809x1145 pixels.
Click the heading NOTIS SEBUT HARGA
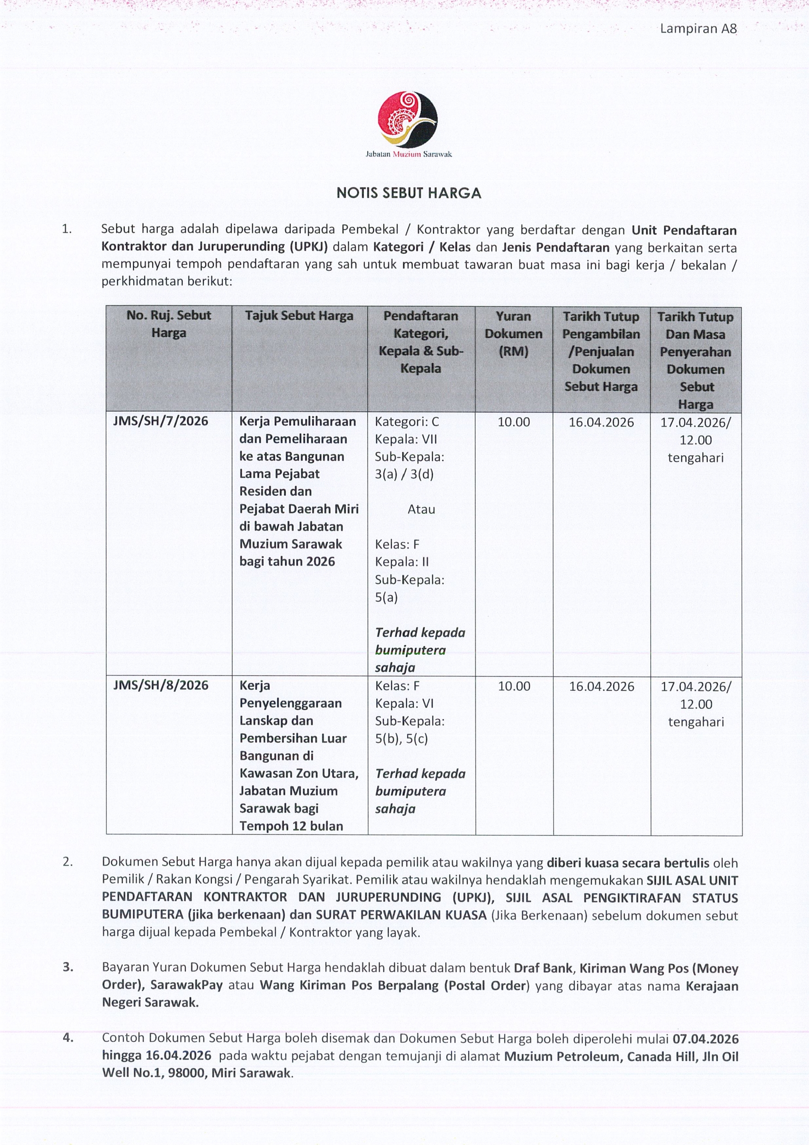pyautogui.click(x=409, y=194)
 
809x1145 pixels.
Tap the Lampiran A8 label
pyautogui.click(x=698, y=29)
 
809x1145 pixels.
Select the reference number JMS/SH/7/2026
pyautogui.click(x=161, y=421)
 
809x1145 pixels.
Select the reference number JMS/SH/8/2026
pyautogui.click(x=161, y=685)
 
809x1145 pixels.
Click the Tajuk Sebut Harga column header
pyautogui.click(x=299, y=316)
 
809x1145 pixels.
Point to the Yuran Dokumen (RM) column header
pyautogui.click(x=513, y=334)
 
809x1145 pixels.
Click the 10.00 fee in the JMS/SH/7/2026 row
pyautogui.click(x=514, y=422)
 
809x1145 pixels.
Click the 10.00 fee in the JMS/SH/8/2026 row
pyautogui.click(x=514, y=686)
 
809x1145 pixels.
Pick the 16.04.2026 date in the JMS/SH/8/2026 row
pyautogui.click(x=602, y=686)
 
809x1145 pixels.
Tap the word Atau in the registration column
pyautogui.click(x=421, y=509)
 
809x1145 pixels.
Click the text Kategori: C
pyautogui.click(x=407, y=422)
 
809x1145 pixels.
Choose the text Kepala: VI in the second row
pyautogui.click(x=404, y=703)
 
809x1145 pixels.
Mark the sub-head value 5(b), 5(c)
pyautogui.click(x=401, y=738)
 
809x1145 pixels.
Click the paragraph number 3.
pyautogui.click(x=68, y=968)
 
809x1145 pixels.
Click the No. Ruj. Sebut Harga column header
pyautogui.click(x=169, y=324)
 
